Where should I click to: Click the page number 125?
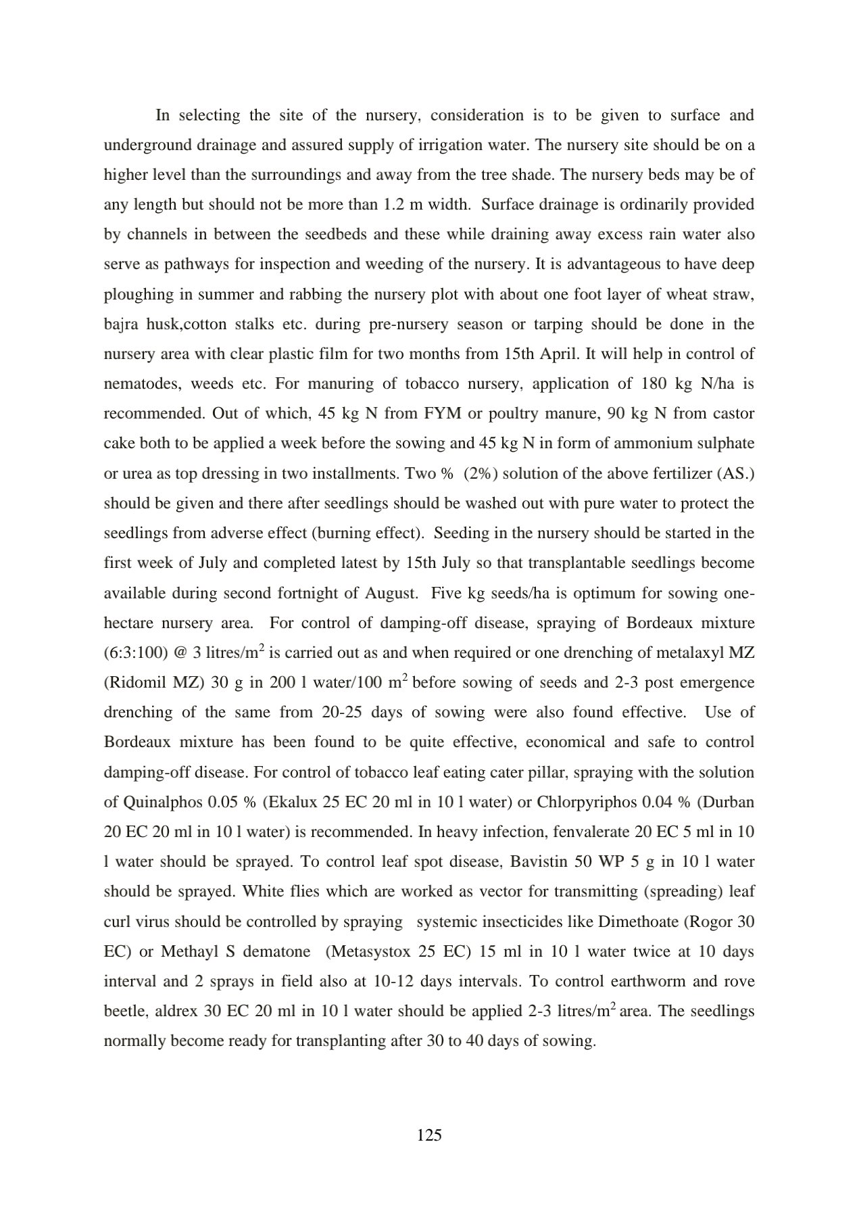(429, 1135)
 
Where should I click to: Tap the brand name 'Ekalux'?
(292, 803)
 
